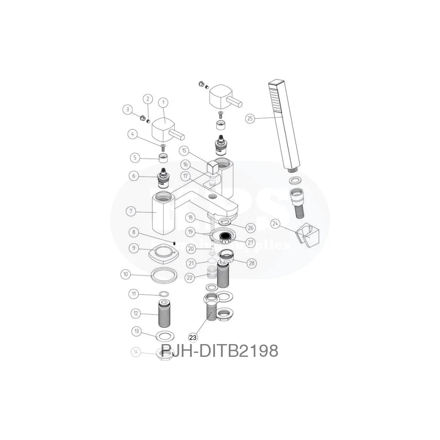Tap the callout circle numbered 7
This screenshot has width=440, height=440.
tap(131, 212)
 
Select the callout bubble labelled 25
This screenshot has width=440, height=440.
tap(250, 118)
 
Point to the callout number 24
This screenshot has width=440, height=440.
tap(276, 224)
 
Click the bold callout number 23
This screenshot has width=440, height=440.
tap(193, 337)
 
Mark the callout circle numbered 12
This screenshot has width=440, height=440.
tap(136, 314)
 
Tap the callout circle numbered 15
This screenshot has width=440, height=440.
tap(185, 151)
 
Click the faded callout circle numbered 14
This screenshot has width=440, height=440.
tap(136, 352)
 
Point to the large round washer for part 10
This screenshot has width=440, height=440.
tap(164, 276)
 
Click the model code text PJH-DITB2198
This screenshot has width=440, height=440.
tap(219, 351)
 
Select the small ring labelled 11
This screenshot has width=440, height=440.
tap(164, 294)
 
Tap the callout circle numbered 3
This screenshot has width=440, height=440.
tap(128, 109)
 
